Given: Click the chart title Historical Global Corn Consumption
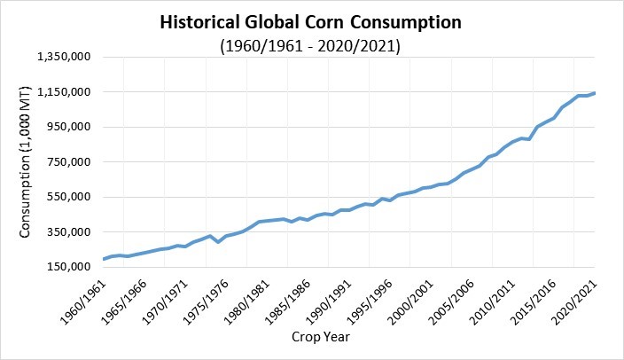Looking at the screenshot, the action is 310,22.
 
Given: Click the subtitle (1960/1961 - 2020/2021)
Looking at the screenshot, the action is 310,46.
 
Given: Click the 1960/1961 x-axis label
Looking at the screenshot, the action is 82,301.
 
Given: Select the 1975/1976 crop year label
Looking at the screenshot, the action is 206,301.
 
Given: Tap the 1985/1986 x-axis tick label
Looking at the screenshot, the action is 287,301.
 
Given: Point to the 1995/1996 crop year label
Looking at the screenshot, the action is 370,301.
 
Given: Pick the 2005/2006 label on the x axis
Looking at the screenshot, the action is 451,301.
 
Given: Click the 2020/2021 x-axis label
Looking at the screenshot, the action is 574,301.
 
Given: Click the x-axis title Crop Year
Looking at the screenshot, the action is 321,337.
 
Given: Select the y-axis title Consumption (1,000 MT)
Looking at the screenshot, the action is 25,161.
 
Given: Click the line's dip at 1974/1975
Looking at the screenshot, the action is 218,241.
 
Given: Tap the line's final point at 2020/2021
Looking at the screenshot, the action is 595,93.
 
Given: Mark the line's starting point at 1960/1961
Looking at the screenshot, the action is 104,259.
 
